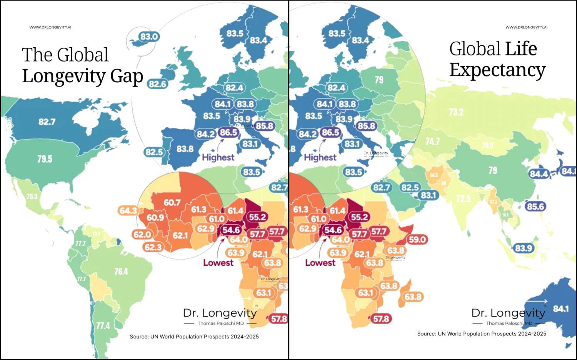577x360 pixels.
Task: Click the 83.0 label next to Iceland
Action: coord(149,37)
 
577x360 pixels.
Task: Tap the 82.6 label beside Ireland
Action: coord(158,84)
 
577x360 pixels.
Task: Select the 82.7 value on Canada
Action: coord(47,122)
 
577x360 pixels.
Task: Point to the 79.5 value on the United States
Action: coord(45,159)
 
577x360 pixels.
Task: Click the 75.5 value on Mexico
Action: coord(32,197)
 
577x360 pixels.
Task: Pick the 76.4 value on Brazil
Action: coord(121,272)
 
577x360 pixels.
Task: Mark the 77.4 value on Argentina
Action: coord(103,326)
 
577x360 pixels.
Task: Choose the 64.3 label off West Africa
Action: coord(128,210)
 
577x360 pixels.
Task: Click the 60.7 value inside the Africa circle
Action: coord(172,202)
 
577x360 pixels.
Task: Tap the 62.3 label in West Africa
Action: coord(153,247)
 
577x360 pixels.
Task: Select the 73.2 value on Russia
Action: coord(456,112)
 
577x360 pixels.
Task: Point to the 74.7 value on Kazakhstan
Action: coord(433,142)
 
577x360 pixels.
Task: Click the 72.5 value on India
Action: coord(463,198)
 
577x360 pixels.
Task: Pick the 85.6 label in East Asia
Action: coord(535,207)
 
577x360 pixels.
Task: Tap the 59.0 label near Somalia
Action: coord(417,240)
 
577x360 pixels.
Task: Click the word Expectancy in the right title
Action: coord(497,70)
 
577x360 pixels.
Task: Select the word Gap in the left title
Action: coord(127,76)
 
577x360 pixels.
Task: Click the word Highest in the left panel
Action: coord(218,157)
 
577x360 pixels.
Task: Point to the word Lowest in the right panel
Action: coord(320,263)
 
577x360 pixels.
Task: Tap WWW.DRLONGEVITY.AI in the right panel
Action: coord(526,27)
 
